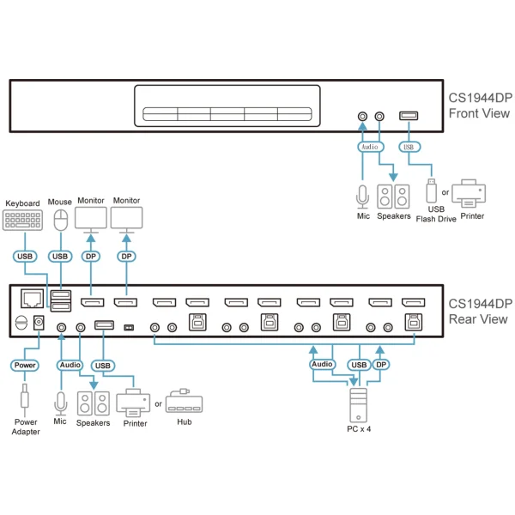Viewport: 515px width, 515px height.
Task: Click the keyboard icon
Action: click(22, 220)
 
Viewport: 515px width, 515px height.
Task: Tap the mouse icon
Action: click(61, 220)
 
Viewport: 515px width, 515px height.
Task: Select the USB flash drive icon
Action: click(431, 191)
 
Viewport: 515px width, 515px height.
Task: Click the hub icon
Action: click(185, 401)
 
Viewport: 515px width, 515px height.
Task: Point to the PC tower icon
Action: click(358, 405)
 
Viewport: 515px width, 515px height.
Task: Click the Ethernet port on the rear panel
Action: click(33, 298)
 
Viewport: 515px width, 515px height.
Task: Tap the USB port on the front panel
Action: click(409, 116)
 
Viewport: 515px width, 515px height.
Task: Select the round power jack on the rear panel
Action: click(39, 323)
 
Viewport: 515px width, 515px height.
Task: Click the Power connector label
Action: click(25, 366)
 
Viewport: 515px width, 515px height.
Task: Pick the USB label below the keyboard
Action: click(25, 256)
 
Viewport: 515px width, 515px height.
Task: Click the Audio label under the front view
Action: click(370, 147)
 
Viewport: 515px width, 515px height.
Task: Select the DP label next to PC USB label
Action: click(381, 365)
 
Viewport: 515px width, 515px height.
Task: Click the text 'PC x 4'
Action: click(359, 429)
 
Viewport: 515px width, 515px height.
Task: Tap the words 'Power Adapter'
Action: click(26, 427)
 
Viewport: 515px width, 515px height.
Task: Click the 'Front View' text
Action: click(479, 113)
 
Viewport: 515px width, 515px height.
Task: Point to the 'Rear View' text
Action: click(478, 319)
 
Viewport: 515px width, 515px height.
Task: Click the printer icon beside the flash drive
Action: click(469, 193)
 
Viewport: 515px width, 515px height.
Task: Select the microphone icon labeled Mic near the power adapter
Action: click(60, 403)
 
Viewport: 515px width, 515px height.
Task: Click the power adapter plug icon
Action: click(25, 400)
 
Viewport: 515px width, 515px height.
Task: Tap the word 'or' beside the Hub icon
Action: click(158, 403)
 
